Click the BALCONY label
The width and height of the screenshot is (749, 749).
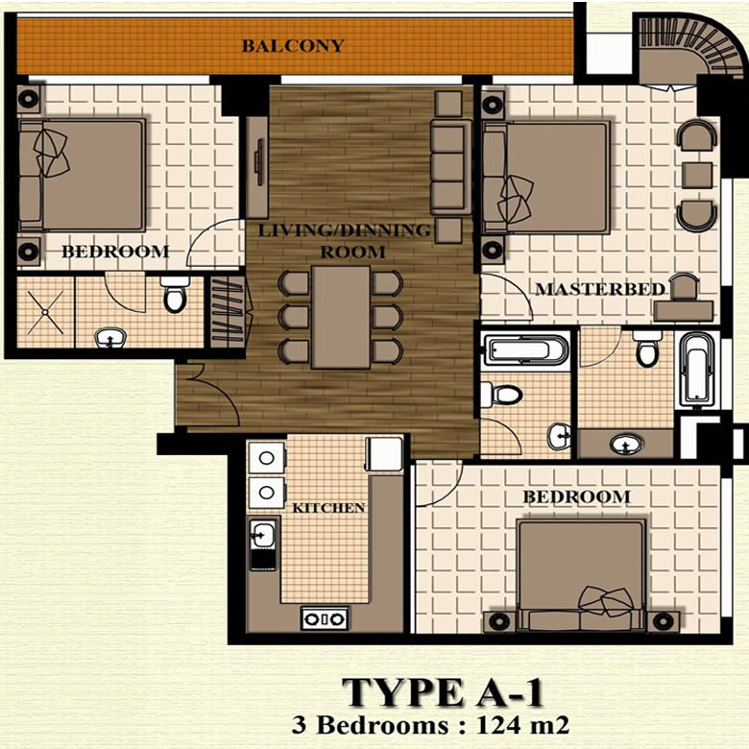coord(293,45)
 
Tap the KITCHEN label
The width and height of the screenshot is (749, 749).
coord(328,508)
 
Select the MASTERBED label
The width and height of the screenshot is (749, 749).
coord(600,289)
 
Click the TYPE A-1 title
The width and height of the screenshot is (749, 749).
coord(443,692)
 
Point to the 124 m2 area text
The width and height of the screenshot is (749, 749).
coord(522,726)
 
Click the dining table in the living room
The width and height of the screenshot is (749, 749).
coord(341,317)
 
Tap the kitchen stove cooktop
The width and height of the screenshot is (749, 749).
coord(325,619)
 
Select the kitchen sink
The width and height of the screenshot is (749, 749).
coord(263,533)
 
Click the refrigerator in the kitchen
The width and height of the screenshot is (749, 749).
coord(384,454)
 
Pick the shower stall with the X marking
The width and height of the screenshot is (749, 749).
coord(45,312)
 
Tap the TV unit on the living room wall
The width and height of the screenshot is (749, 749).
coord(257,168)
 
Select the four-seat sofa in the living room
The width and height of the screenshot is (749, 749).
coord(451,167)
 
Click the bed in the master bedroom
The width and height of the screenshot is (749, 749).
coord(546,178)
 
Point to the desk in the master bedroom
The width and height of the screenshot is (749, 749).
coord(684,313)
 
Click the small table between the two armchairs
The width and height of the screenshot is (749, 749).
coord(697,175)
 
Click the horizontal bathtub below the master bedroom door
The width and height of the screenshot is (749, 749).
coord(525,350)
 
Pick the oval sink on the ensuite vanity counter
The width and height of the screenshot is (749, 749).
coord(626,445)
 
